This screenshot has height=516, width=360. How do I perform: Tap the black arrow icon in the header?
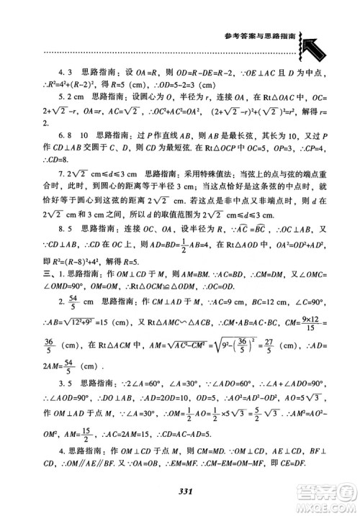pyautogui.click(x=322, y=48)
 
